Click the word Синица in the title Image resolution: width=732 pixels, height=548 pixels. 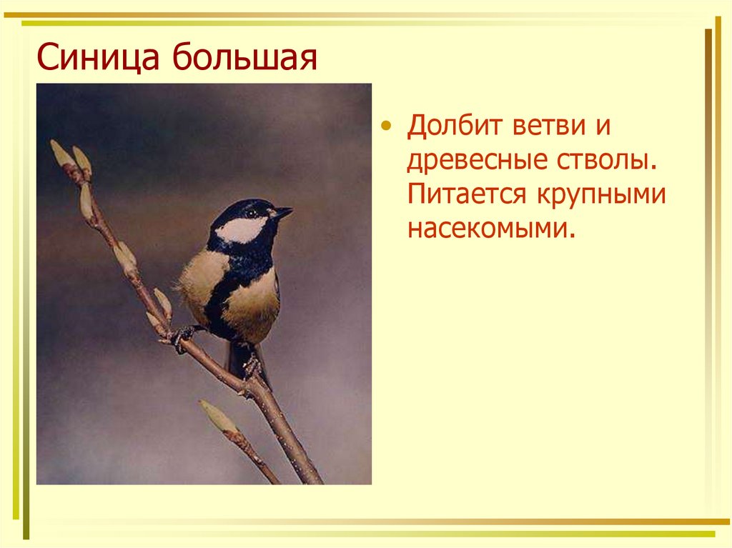pos(98,57)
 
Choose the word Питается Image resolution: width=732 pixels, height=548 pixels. pos(467,194)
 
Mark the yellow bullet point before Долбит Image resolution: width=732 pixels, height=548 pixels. pos(385,126)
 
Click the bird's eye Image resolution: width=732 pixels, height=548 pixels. pos(252,214)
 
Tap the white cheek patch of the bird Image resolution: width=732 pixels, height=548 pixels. pos(240,229)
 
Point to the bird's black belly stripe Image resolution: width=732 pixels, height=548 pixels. pos(220,299)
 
